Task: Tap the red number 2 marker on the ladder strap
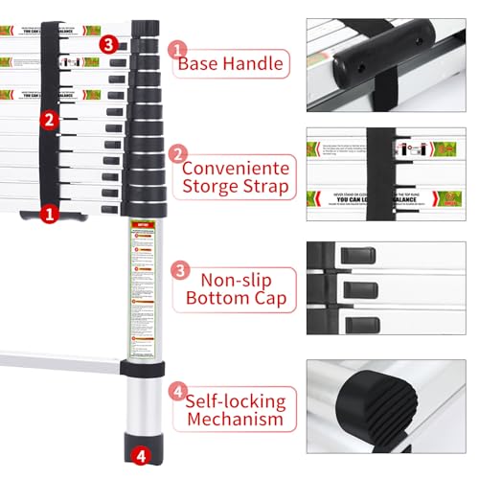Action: pos(48,120)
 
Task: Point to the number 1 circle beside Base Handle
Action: pos(177,48)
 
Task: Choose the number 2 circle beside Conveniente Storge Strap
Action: pos(177,155)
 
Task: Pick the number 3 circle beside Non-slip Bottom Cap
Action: pos(177,270)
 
